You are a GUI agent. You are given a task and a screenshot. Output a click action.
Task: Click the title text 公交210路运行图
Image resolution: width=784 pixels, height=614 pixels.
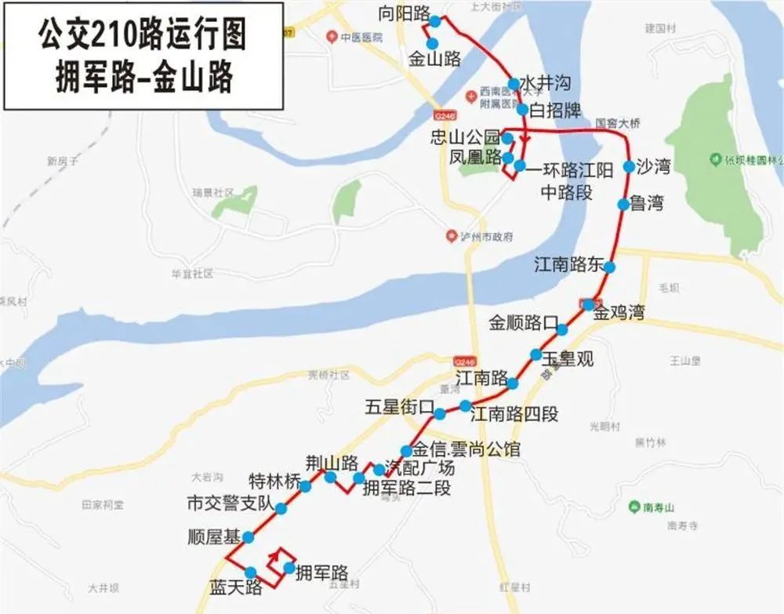point(143,35)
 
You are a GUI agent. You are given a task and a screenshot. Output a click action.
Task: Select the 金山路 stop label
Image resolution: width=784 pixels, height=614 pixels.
point(434,58)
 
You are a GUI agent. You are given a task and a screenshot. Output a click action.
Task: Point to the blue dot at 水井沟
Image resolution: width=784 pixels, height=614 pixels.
point(513,84)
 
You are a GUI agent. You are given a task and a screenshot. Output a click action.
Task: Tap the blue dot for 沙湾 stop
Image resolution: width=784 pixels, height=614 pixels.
point(628,166)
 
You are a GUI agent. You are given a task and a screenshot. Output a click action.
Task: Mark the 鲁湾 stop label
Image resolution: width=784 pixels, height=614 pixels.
point(647,204)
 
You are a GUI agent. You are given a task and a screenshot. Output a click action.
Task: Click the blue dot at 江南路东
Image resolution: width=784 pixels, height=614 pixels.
point(609,267)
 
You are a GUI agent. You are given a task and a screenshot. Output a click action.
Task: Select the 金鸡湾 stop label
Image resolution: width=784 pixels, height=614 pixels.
point(619,314)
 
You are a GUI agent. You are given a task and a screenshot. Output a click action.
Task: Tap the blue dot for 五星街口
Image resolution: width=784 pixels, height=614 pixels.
point(441,413)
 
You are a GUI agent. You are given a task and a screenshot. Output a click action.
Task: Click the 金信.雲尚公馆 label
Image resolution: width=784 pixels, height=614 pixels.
point(465,450)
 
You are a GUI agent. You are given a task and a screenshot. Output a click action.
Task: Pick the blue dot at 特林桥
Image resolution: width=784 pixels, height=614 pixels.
point(305,486)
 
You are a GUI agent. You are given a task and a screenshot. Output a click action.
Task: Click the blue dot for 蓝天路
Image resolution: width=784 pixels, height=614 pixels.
point(251,572)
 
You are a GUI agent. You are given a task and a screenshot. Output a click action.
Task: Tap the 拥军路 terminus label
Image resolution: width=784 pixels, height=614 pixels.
point(321,572)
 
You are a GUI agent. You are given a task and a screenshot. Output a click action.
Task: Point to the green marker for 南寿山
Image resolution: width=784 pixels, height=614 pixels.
point(633,507)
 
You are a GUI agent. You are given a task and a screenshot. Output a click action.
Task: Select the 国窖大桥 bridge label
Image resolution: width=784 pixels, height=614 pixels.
point(618,123)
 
